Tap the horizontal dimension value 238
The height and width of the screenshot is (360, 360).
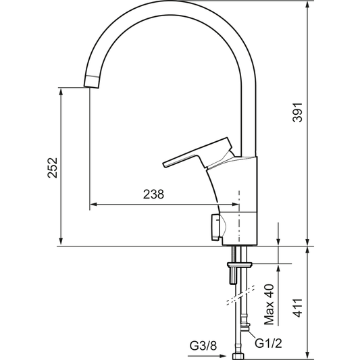pos(153,195)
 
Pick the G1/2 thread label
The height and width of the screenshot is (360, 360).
pos(267,342)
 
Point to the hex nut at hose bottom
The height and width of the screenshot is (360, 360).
pos(238,353)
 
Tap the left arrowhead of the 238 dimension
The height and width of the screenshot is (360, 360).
pos(93,203)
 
